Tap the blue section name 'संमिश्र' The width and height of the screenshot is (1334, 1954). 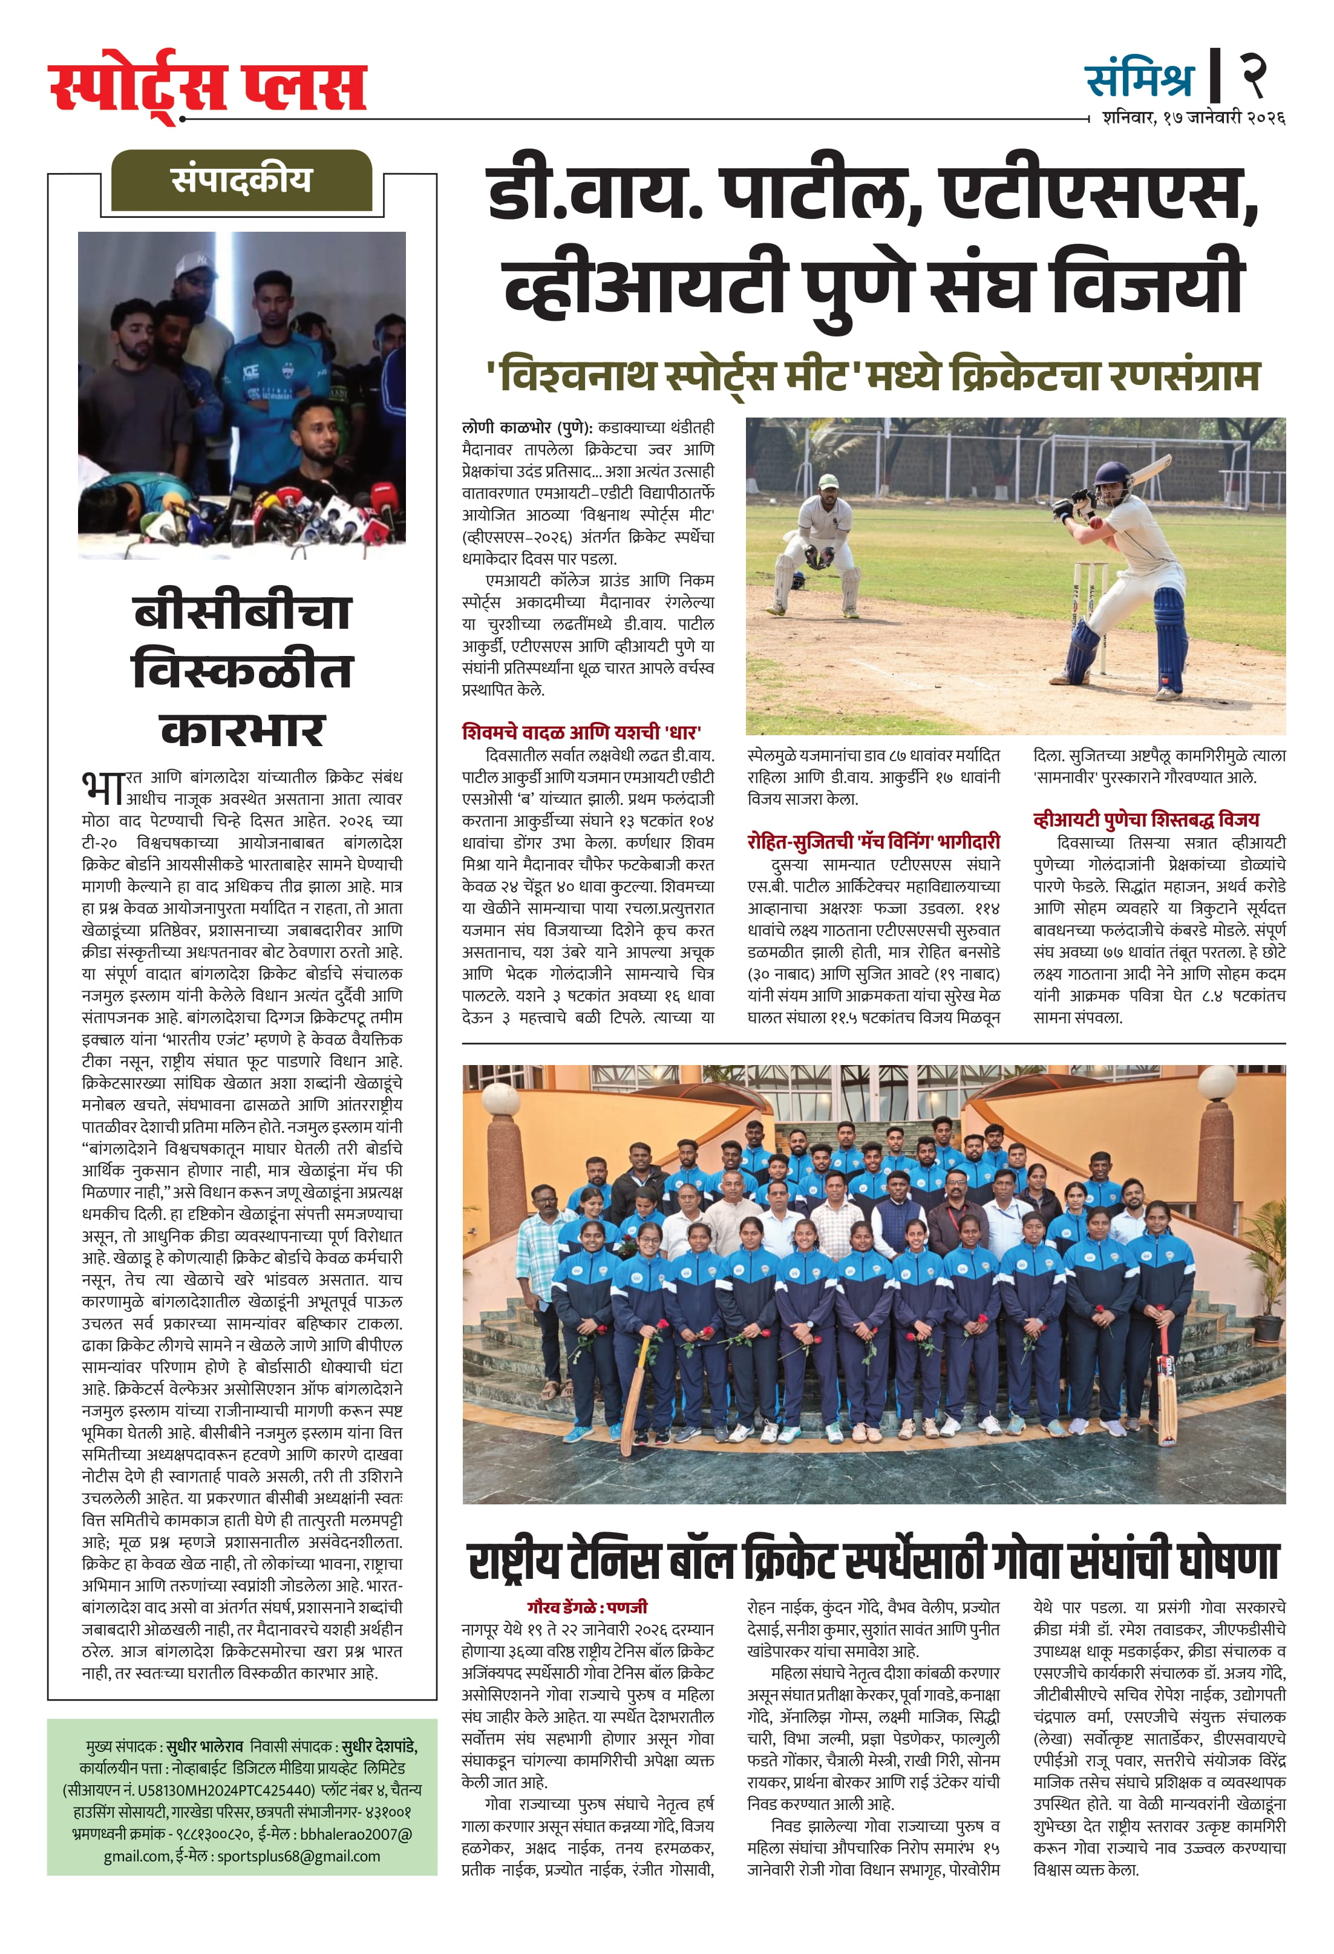coord(1139,80)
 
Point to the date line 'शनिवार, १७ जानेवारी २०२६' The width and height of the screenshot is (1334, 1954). coord(1193,119)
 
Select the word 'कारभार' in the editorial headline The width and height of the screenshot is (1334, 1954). coord(242,729)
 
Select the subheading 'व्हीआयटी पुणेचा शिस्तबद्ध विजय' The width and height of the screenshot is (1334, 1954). coord(1146,819)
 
